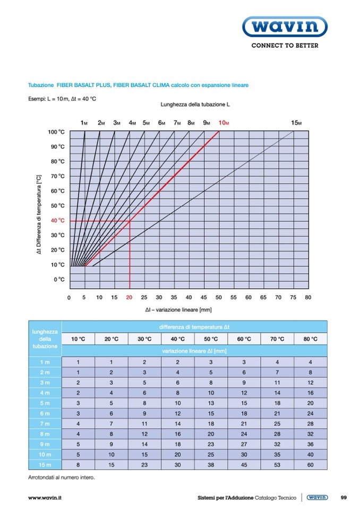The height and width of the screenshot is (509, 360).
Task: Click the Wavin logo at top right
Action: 285,27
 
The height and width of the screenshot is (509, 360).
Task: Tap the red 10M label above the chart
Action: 224,123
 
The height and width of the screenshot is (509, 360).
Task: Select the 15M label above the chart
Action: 296,123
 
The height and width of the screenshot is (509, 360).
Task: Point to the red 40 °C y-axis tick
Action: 58,220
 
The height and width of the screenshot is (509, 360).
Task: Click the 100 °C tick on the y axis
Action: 57,132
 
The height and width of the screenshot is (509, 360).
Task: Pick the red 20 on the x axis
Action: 129,297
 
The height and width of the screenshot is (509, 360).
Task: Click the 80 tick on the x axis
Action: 308,297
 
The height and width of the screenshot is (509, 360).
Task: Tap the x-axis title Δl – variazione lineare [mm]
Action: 178,309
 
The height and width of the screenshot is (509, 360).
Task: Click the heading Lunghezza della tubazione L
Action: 195,105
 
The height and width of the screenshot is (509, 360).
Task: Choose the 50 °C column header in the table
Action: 211,339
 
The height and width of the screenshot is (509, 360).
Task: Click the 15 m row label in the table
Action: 45,464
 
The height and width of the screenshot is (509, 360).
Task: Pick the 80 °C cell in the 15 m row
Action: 311,464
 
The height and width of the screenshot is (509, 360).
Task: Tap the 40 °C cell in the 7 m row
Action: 177,423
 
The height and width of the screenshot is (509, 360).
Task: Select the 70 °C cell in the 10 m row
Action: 277,454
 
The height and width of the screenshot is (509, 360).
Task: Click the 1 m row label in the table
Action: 45,361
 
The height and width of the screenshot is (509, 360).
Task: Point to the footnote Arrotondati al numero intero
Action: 61,477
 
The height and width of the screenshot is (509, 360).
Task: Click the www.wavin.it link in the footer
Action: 45,498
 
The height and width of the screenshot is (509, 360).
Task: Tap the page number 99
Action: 344,498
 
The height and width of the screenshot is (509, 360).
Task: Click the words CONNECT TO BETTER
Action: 285,46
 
